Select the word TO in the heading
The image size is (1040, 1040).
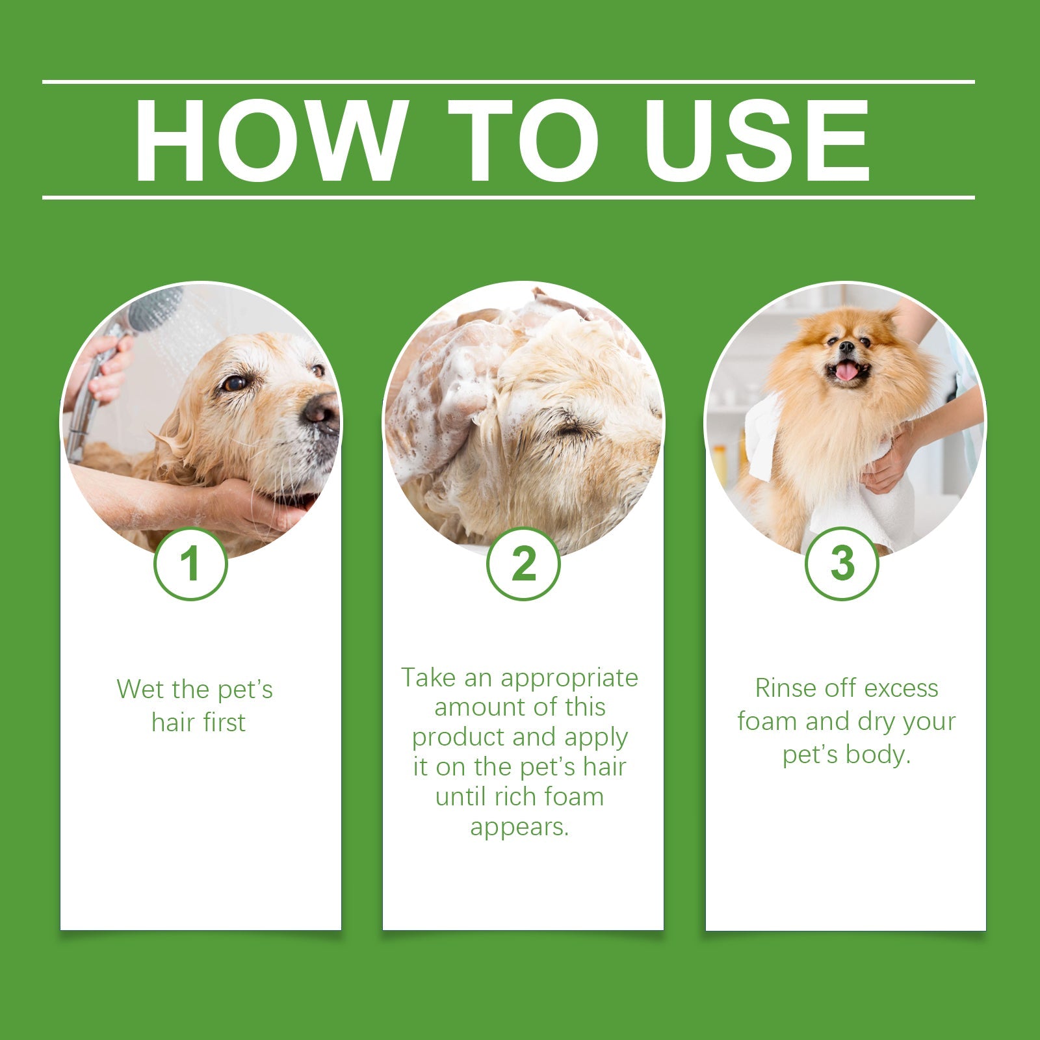click(x=523, y=141)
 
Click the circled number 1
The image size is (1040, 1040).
click(x=190, y=564)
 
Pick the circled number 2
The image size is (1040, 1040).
click(x=523, y=564)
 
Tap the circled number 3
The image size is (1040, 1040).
click(x=842, y=564)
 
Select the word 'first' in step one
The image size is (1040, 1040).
click(x=223, y=722)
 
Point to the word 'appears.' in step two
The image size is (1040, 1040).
click(x=519, y=827)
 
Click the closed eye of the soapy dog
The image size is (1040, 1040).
click(x=571, y=429)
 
